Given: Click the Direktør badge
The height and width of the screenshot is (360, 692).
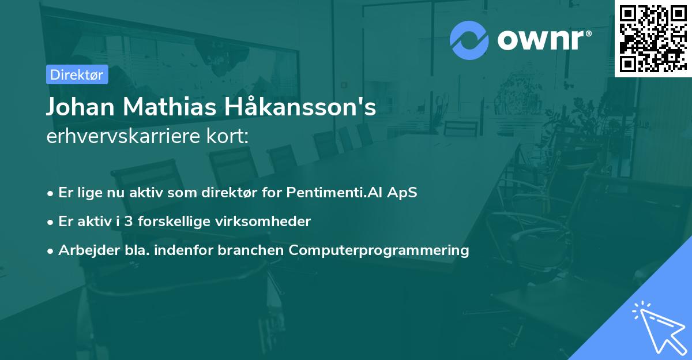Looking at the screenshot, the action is pos(77,74).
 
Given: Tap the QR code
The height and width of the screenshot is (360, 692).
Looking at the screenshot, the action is pos(653,38).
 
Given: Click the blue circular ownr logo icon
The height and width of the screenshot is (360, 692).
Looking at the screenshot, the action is pos(469,40).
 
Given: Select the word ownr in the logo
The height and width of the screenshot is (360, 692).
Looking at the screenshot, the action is pos(540,40).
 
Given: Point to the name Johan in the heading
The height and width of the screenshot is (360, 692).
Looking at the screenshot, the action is pos(80,107).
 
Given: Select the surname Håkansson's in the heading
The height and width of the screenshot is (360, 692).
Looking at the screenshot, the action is pos(300,106).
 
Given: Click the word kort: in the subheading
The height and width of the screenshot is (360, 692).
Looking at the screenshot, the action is pos(227,136).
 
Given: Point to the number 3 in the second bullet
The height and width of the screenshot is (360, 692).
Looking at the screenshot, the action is pos(129,222).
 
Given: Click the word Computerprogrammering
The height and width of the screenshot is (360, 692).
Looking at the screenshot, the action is pos(379,250).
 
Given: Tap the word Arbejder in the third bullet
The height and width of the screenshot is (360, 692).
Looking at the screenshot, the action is pos(89,250).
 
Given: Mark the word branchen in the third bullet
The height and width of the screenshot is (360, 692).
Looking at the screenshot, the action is pos(250,250).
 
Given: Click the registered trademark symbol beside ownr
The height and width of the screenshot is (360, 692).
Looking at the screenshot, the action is pos(588,33).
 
